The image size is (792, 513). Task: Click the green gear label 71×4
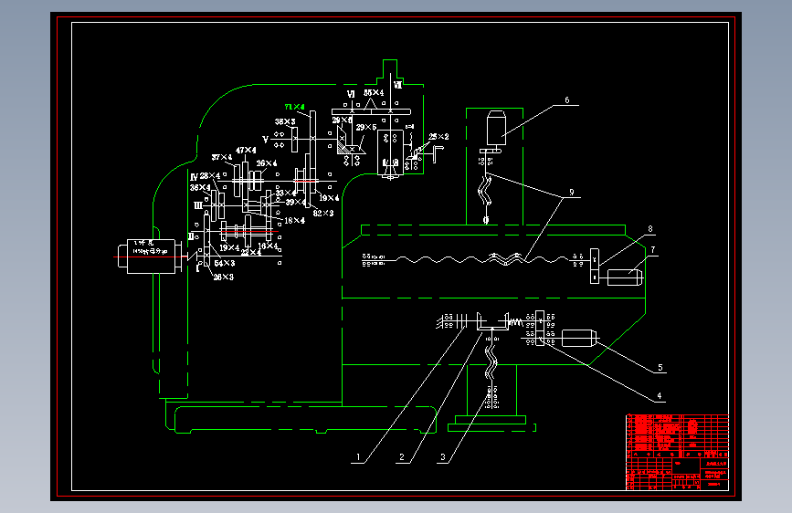point(295,107)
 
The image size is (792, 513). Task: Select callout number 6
point(566,100)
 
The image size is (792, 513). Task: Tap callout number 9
point(571,193)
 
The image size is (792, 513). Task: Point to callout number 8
point(649,229)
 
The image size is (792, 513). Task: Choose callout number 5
point(659,369)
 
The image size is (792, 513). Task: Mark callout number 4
point(658,397)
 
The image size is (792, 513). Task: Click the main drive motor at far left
point(145,255)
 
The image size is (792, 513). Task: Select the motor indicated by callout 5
point(578,338)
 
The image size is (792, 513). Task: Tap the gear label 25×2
point(427,137)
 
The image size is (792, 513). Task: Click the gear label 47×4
point(246,151)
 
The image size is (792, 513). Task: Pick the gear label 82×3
point(322,213)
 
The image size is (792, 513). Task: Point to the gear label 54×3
point(224,263)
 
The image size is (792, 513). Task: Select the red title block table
point(677,451)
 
